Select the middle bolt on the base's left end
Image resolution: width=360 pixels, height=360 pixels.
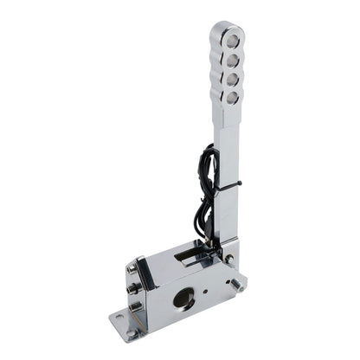[132, 289]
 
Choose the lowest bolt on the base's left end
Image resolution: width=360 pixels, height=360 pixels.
[134, 306]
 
